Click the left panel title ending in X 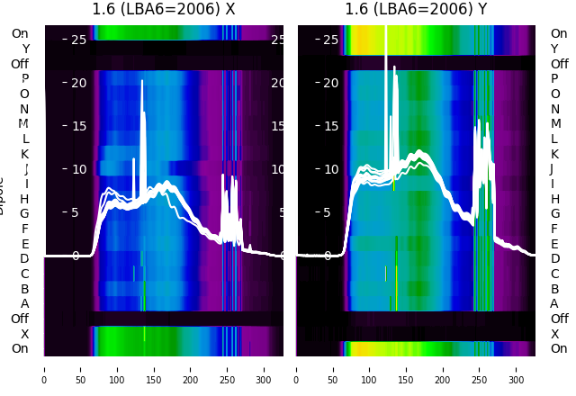pyautogui.click(x=164, y=10)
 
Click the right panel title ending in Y pyautogui.click(x=416, y=10)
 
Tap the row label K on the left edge pyautogui.click(x=24, y=154)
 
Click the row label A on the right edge pyautogui.click(x=554, y=304)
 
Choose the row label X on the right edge pyautogui.click(x=554, y=334)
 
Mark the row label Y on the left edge pyautogui.click(x=24, y=49)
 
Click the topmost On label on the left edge pyautogui.click(x=20, y=33)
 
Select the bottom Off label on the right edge pyautogui.click(x=559, y=319)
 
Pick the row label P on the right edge pyautogui.click(x=554, y=79)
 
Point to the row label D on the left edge pyautogui.click(x=24, y=259)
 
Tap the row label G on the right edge pyautogui.click(x=554, y=214)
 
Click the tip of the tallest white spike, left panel pyautogui.click(x=142, y=80)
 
